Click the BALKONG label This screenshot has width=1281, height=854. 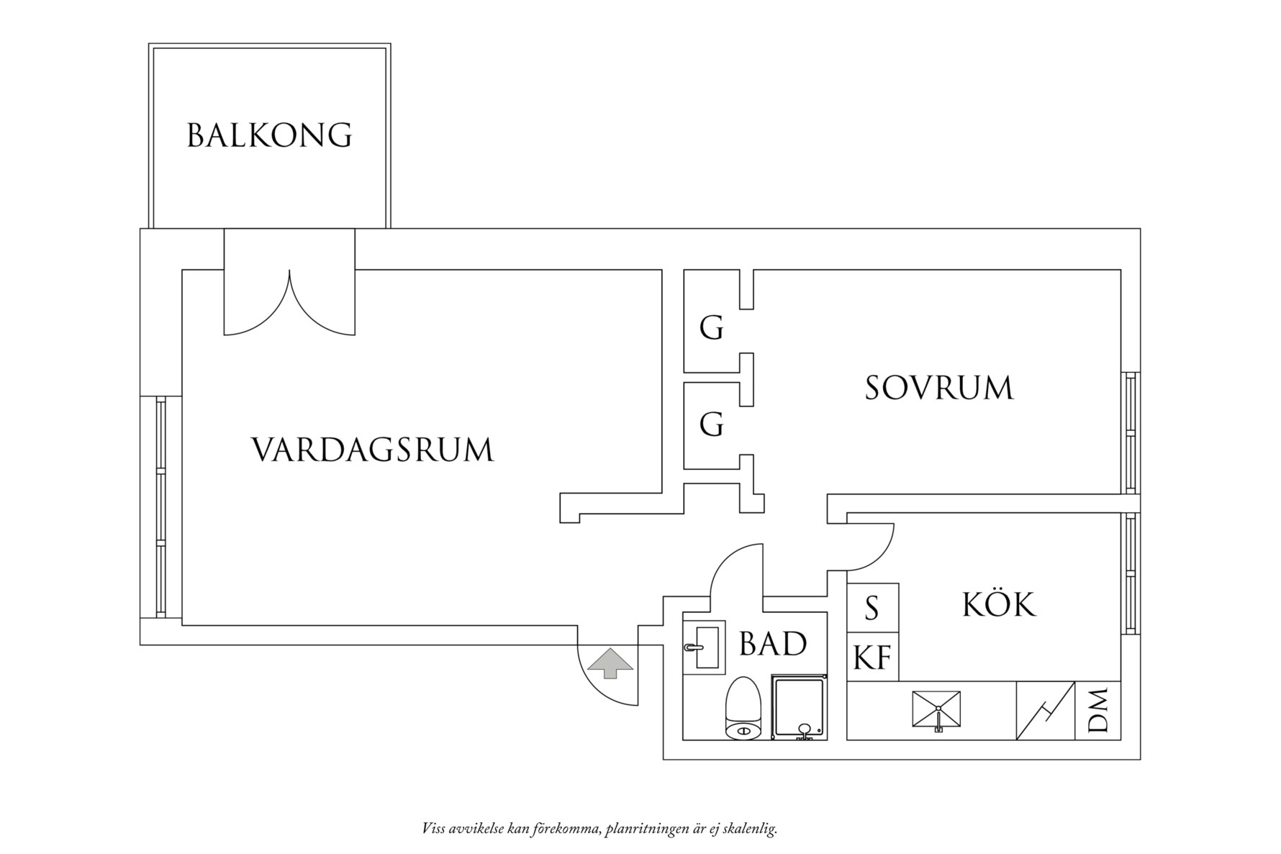(269, 135)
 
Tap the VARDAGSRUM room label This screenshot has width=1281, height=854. (373, 450)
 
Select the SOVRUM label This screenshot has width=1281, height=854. (938, 388)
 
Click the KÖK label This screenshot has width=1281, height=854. (999, 605)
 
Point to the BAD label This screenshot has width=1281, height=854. (773, 644)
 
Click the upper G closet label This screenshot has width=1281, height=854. (711, 329)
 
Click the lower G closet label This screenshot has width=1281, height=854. (711, 424)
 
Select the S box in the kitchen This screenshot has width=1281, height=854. (872, 608)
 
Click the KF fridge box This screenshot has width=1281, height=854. (872, 657)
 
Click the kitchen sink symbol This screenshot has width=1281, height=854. (936, 710)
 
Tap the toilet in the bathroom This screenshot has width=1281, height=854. (743, 709)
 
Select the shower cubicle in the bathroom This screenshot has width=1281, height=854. (800, 707)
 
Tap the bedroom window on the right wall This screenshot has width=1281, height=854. (1131, 432)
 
